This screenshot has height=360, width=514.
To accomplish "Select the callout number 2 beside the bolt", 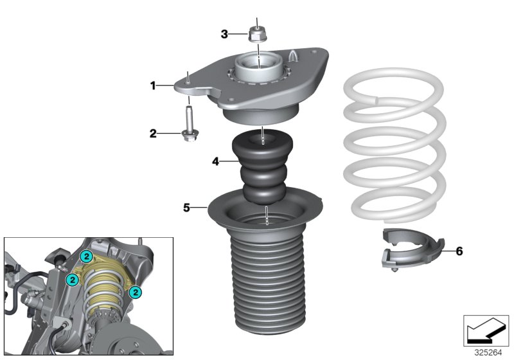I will [153, 134].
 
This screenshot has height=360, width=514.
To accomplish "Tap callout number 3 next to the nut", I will [224, 34].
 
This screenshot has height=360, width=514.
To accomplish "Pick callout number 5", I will [186, 208].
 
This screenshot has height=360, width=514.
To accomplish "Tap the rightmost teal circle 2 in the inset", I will [135, 292].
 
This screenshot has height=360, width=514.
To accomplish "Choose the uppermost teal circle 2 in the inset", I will [85, 256].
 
